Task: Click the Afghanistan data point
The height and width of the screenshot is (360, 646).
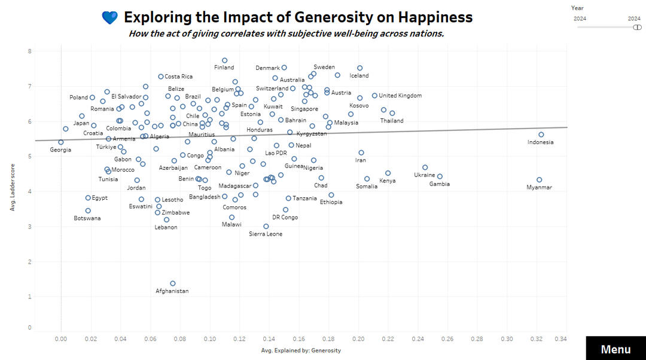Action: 173,283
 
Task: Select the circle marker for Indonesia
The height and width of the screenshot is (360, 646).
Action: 541,135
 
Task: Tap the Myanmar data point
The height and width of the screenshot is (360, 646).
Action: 539,179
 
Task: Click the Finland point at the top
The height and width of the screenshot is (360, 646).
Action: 224,60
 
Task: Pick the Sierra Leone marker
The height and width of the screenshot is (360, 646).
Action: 266,226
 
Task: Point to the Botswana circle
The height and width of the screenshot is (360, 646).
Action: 88,210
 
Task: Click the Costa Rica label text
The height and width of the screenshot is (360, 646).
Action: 178,77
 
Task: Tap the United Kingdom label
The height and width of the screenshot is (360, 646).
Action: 400,96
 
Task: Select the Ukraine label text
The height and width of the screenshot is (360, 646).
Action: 424,175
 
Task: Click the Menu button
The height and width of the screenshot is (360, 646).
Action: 615,349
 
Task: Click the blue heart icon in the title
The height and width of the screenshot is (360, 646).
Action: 110,18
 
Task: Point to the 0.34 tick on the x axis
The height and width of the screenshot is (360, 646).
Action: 560,338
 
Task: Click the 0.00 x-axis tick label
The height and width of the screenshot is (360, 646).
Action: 61,338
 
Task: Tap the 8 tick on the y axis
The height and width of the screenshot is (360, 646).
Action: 29,51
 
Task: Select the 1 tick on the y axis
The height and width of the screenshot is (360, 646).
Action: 29,297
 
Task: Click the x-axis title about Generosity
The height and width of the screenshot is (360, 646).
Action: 301,350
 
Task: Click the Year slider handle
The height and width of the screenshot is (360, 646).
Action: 637,27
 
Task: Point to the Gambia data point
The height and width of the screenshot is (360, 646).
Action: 440,176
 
